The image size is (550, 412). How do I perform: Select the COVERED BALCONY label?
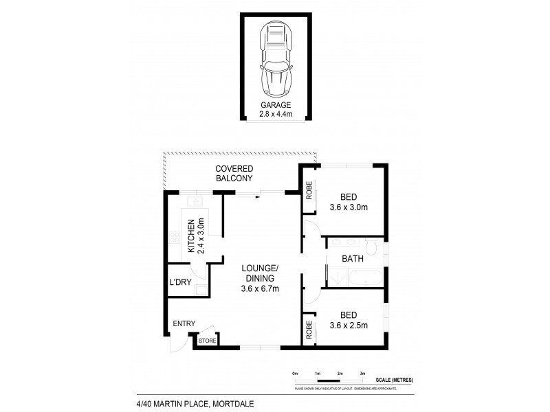234,174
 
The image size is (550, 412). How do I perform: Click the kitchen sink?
196,202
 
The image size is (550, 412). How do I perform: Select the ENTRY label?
184,324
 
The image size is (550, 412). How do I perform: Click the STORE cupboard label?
207,340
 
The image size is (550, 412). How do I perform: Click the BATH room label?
353,260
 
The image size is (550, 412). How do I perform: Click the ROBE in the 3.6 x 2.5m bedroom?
309,330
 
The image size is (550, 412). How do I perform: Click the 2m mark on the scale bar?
340,373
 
